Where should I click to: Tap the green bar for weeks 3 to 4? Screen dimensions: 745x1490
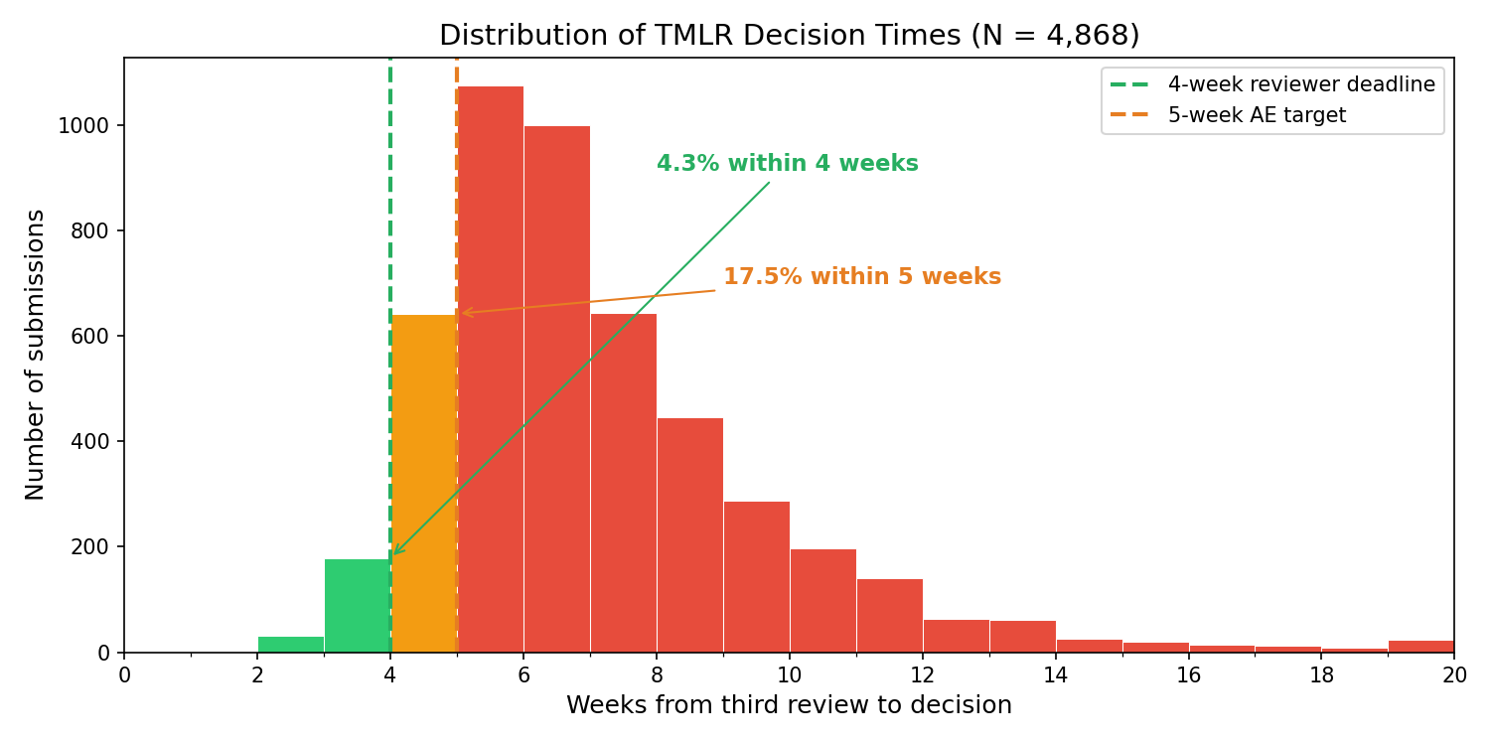[357, 606]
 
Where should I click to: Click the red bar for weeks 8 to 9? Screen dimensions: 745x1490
[689, 535]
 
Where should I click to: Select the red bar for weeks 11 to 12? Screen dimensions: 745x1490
[889, 616]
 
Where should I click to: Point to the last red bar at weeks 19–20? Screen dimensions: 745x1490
[1420, 647]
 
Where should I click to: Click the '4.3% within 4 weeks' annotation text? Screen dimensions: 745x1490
[787, 164]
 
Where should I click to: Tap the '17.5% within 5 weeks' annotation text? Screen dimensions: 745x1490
[861, 277]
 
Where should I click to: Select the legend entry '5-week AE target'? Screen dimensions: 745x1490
[1256, 115]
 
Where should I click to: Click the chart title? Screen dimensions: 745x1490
[789, 36]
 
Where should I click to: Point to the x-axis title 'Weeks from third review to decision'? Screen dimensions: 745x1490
[789, 705]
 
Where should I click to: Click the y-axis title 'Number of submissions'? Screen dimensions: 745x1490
[36, 355]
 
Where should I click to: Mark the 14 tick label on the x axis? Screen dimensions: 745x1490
[1055, 675]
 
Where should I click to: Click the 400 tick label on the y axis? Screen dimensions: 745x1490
[90, 442]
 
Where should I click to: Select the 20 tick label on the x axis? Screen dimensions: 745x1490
[1453, 675]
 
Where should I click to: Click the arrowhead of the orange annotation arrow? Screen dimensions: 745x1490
[465, 313]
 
